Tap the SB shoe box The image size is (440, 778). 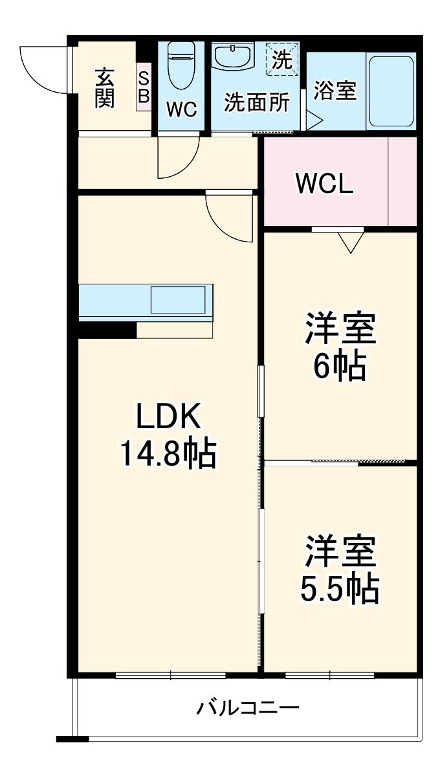[144, 87]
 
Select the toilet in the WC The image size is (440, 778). [181, 65]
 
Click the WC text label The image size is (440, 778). [181, 109]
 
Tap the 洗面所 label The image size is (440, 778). [257, 103]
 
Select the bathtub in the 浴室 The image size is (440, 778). [390, 91]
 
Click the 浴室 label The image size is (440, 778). [335, 91]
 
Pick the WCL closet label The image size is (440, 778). [325, 184]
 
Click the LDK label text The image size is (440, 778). [168, 417]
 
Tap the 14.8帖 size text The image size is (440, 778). [167, 453]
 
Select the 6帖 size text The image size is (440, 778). [340, 367]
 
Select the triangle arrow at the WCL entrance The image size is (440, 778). [351, 242]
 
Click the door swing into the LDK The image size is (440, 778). [228, 217]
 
